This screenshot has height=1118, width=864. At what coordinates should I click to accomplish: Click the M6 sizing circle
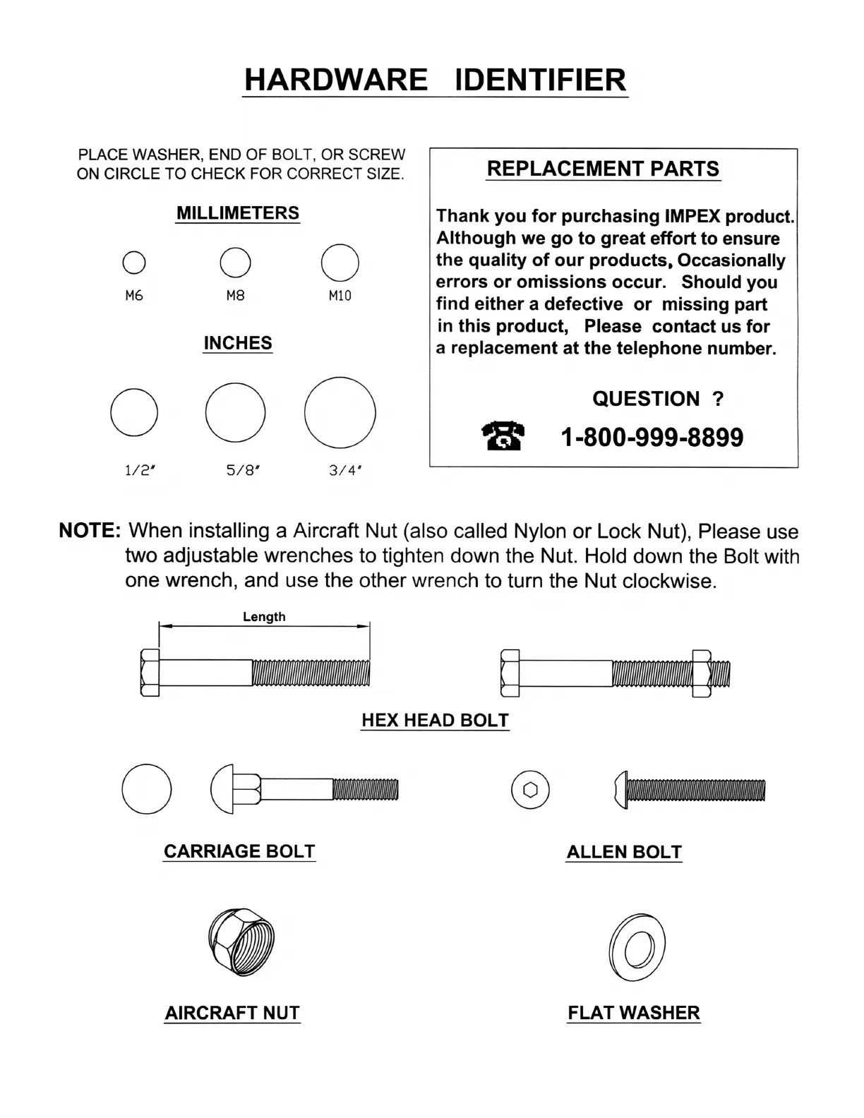pyautogui.click(x=134, y=263)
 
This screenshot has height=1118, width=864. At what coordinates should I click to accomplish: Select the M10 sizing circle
pyautogui.click(x=340, y=263)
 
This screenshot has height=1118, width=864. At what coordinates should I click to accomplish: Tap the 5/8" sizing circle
pyautogui.click(x=235, y=413)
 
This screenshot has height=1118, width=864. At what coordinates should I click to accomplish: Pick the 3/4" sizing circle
pyautogui.click(x=340, y=413)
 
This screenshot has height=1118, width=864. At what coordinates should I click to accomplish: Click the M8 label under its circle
pyautogui.click(x=235, y=296)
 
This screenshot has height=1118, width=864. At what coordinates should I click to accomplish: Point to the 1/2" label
pyautogui.click(x=139, y=470)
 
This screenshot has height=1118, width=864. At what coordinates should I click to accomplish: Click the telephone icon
pyautogui.click(x=503, y=436)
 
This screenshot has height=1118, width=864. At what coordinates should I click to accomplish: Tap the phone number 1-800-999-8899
pyautogui.click(x=652, y=438)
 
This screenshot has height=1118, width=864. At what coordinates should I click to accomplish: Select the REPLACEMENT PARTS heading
pyautogui.click(x=603, y=169)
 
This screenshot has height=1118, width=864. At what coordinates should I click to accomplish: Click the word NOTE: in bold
pyautogui.click(x=90, y=531)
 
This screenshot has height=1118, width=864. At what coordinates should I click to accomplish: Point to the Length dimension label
pyautogui.click(x=264, y=617)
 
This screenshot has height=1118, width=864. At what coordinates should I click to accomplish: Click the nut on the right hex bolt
pyautogui.click(x=701, y=673)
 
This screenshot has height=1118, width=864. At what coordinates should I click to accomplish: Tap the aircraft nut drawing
pyautogui.click(x=241, y=942)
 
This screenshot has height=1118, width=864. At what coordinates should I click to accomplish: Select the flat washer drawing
pyautogui.click(x=637, y=947)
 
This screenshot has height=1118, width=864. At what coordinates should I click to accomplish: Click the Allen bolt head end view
pyautogui.click(x=530, y=790)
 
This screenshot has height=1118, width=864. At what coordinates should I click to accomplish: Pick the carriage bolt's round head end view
pyautogui.click(x=147, y=788)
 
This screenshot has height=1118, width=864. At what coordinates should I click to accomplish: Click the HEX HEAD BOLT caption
pyautogui.click(x=435, y=721)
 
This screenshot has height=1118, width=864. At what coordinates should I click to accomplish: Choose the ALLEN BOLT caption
pyautogui.click(x=624, y=852)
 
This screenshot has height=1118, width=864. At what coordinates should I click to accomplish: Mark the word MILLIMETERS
pyautogui.click(x=238, y=213)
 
